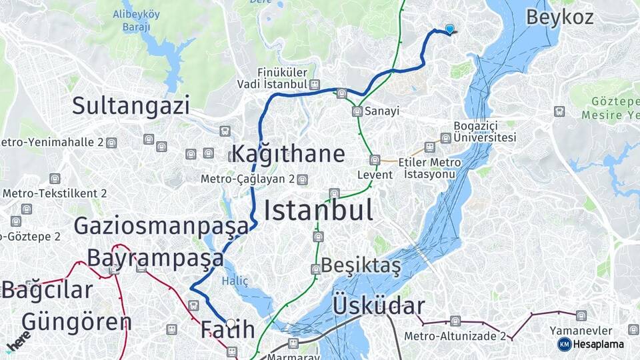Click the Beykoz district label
click(559, 17)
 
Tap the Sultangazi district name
click(131, 105)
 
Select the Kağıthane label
click(288, 154)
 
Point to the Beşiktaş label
click(361, 265)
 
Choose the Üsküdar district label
click(378, 306)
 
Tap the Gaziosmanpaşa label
click(161, 225)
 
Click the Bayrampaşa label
click(155, 257)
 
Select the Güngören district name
click(76, 321)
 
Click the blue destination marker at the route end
click(450, 29)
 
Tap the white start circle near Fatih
click(231, 323)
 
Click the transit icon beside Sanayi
click(357, 111)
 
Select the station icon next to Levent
click(375, 160)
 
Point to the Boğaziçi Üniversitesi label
click(485, 131)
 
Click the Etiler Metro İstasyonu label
click(429, 168)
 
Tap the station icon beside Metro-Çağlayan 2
click(303, 179)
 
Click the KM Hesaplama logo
click(591, 344)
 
